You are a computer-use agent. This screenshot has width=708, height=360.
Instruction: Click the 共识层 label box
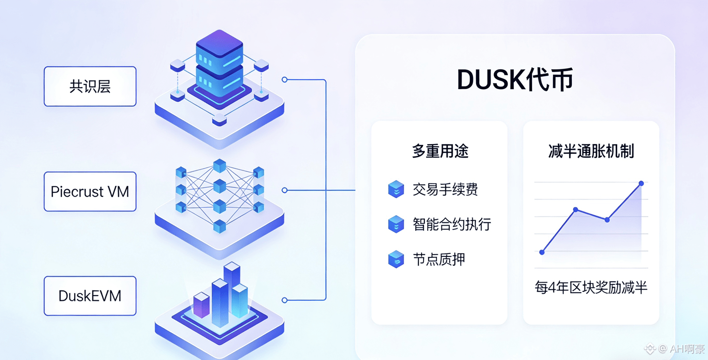pyautogui.click(x=90, y=87)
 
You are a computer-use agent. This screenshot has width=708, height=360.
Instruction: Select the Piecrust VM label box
pyautogui.click(x=90, y=192)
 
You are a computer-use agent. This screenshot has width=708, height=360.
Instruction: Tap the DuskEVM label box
pyautogui.click(x=90, y=296)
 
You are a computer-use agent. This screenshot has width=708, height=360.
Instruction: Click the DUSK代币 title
pyautogui.click(x=515, y=80)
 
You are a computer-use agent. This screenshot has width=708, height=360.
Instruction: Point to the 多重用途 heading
pyautogui.click(x=440, y=151)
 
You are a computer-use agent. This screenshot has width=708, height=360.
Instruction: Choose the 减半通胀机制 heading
pyautogui.click(x=591, y=151)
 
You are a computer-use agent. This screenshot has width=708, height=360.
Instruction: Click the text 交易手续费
pyautogui.click(x=445, y=190)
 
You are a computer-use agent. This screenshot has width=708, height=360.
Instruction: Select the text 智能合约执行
pyautogui.click(x=451, y=224)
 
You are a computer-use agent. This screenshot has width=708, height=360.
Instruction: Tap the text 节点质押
pyautogui.click(x=438, y=260)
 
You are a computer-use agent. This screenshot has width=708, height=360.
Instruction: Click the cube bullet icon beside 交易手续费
pyautogui.click(x=396, y=189)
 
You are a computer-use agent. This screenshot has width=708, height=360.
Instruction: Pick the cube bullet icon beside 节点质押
pyautogui.click(x=396, y=259)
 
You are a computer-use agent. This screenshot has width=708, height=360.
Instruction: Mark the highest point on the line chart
pyautogui.click(x=641, y=183)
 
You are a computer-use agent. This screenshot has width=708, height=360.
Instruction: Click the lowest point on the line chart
pyautogui.click(x=542, y=252)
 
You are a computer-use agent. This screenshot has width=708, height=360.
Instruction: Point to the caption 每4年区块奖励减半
pyautogui.click(x=591, y=287)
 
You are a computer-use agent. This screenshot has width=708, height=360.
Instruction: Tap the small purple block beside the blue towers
pyautogui.click(x=201, y=304)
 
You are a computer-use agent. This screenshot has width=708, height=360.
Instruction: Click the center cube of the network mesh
pyautogui.click(x=220, y=186)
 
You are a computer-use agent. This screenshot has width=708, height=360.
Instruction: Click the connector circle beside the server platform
pyautogui.click(x=284, y=80)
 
